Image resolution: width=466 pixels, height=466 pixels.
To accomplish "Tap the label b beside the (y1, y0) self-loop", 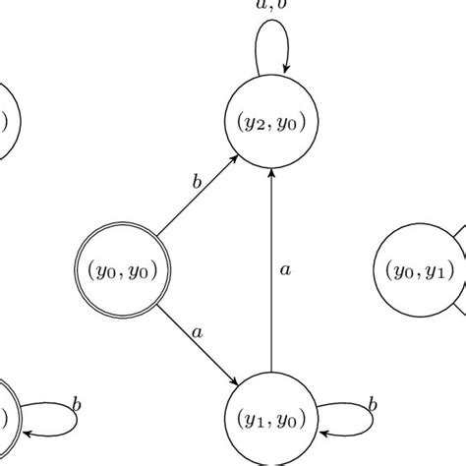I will [373, 404].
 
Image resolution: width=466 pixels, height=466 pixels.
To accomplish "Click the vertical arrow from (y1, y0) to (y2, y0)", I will [270, 265].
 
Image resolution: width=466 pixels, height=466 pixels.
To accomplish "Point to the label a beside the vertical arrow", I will [283, 267].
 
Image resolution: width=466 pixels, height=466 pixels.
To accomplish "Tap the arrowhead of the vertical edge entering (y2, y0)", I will [270, 169].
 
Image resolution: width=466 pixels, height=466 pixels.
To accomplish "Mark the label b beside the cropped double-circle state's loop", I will [76, 404].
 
